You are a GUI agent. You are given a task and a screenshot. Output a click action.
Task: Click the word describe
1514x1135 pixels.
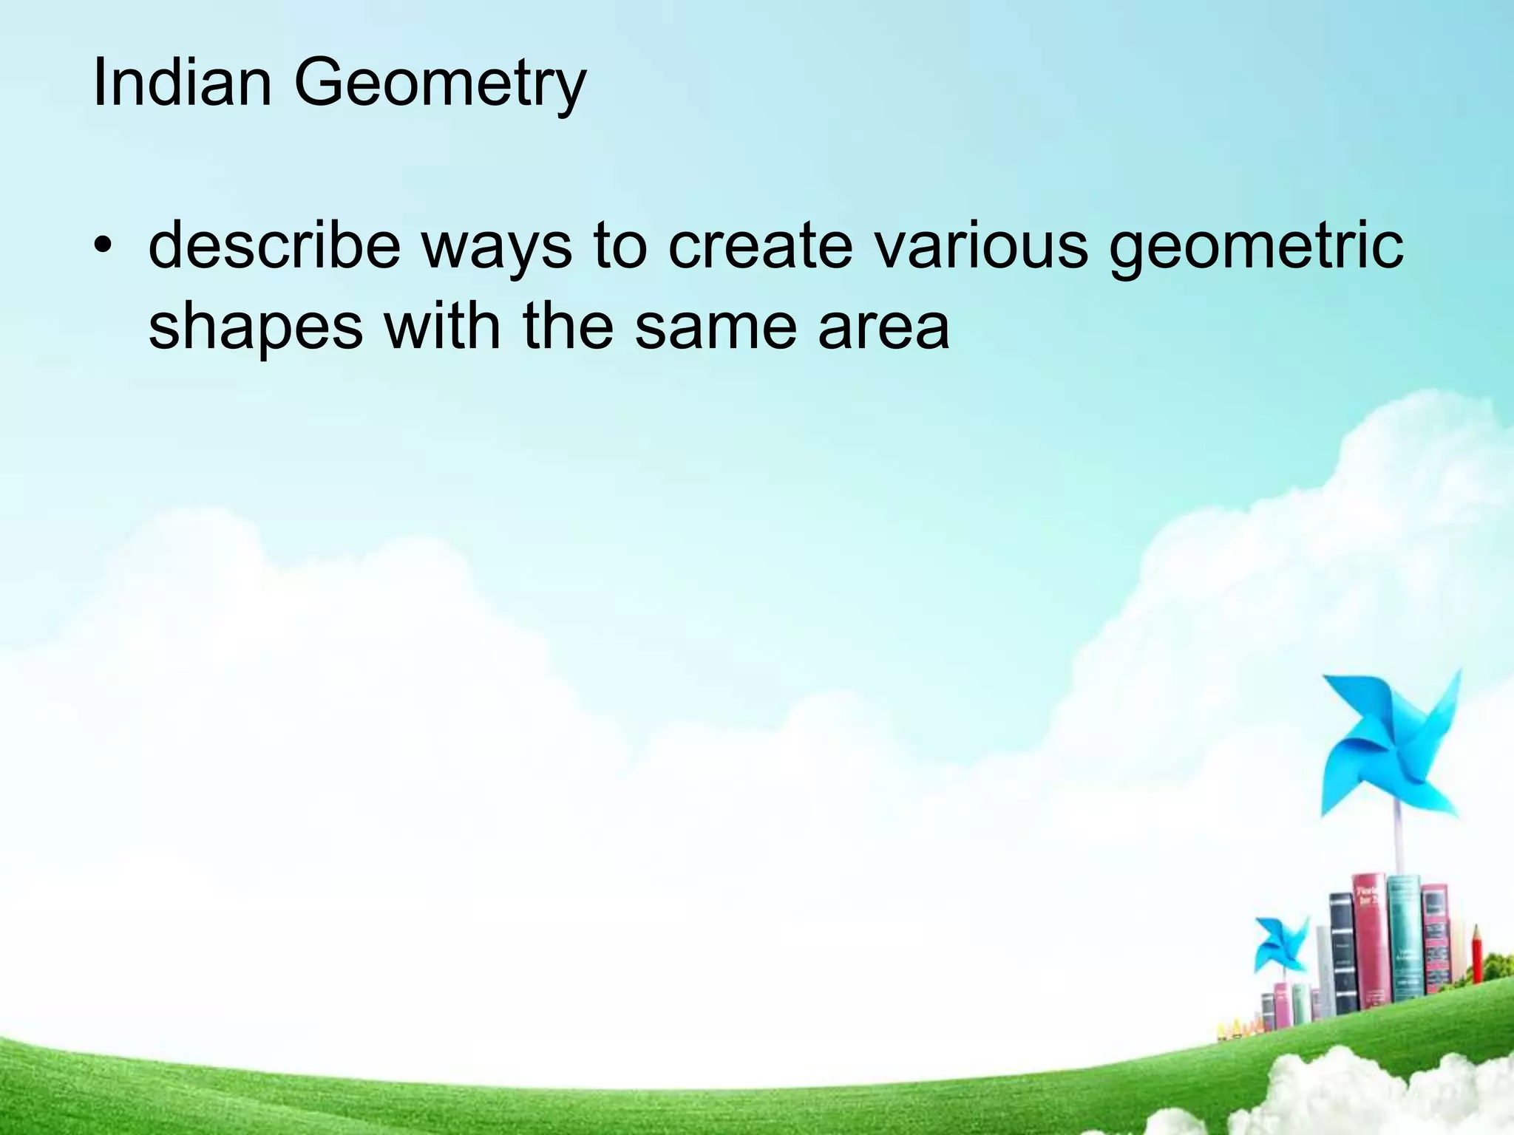tap(274, 246)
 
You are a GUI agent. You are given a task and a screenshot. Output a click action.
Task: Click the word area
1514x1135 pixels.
tap(883, 327)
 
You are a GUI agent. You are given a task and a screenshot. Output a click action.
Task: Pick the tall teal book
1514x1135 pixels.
tap(1404, 938)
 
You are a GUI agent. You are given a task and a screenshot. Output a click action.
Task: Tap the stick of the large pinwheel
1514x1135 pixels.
tap(1398, 842)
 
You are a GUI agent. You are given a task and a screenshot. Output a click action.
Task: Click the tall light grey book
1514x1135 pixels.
tap(1324, 968)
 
